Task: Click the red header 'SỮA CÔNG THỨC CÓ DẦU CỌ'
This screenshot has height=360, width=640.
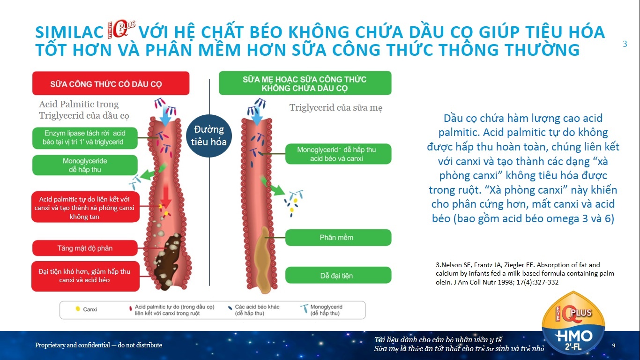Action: point(111,83)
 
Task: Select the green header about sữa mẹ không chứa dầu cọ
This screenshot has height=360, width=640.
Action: point(305,83)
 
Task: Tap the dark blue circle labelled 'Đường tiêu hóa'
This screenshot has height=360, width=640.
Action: point(209,136)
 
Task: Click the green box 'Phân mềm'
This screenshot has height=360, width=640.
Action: point(338,237)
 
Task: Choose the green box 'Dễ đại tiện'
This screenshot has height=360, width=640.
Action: point(338,275)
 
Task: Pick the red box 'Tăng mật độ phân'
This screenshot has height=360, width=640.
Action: point(85,248)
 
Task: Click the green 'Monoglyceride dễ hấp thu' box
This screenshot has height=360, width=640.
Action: point(85,165)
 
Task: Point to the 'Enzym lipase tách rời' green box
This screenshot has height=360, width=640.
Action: point(85,138)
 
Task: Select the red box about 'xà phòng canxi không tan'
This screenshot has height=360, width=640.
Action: point(85,207)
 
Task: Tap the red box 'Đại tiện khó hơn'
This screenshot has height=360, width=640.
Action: point(85,276)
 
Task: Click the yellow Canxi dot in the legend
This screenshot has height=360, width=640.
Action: point(77,309)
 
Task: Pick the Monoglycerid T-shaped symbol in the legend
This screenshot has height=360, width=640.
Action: point(305,309)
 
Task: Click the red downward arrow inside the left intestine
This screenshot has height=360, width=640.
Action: point(166,195)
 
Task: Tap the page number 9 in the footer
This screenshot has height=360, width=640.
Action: point(614,345)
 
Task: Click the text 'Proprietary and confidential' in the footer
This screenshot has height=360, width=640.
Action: point(73,345)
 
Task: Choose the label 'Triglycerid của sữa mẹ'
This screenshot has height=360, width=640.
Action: point(336,108)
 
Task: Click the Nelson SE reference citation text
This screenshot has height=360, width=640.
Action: point(525,273)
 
